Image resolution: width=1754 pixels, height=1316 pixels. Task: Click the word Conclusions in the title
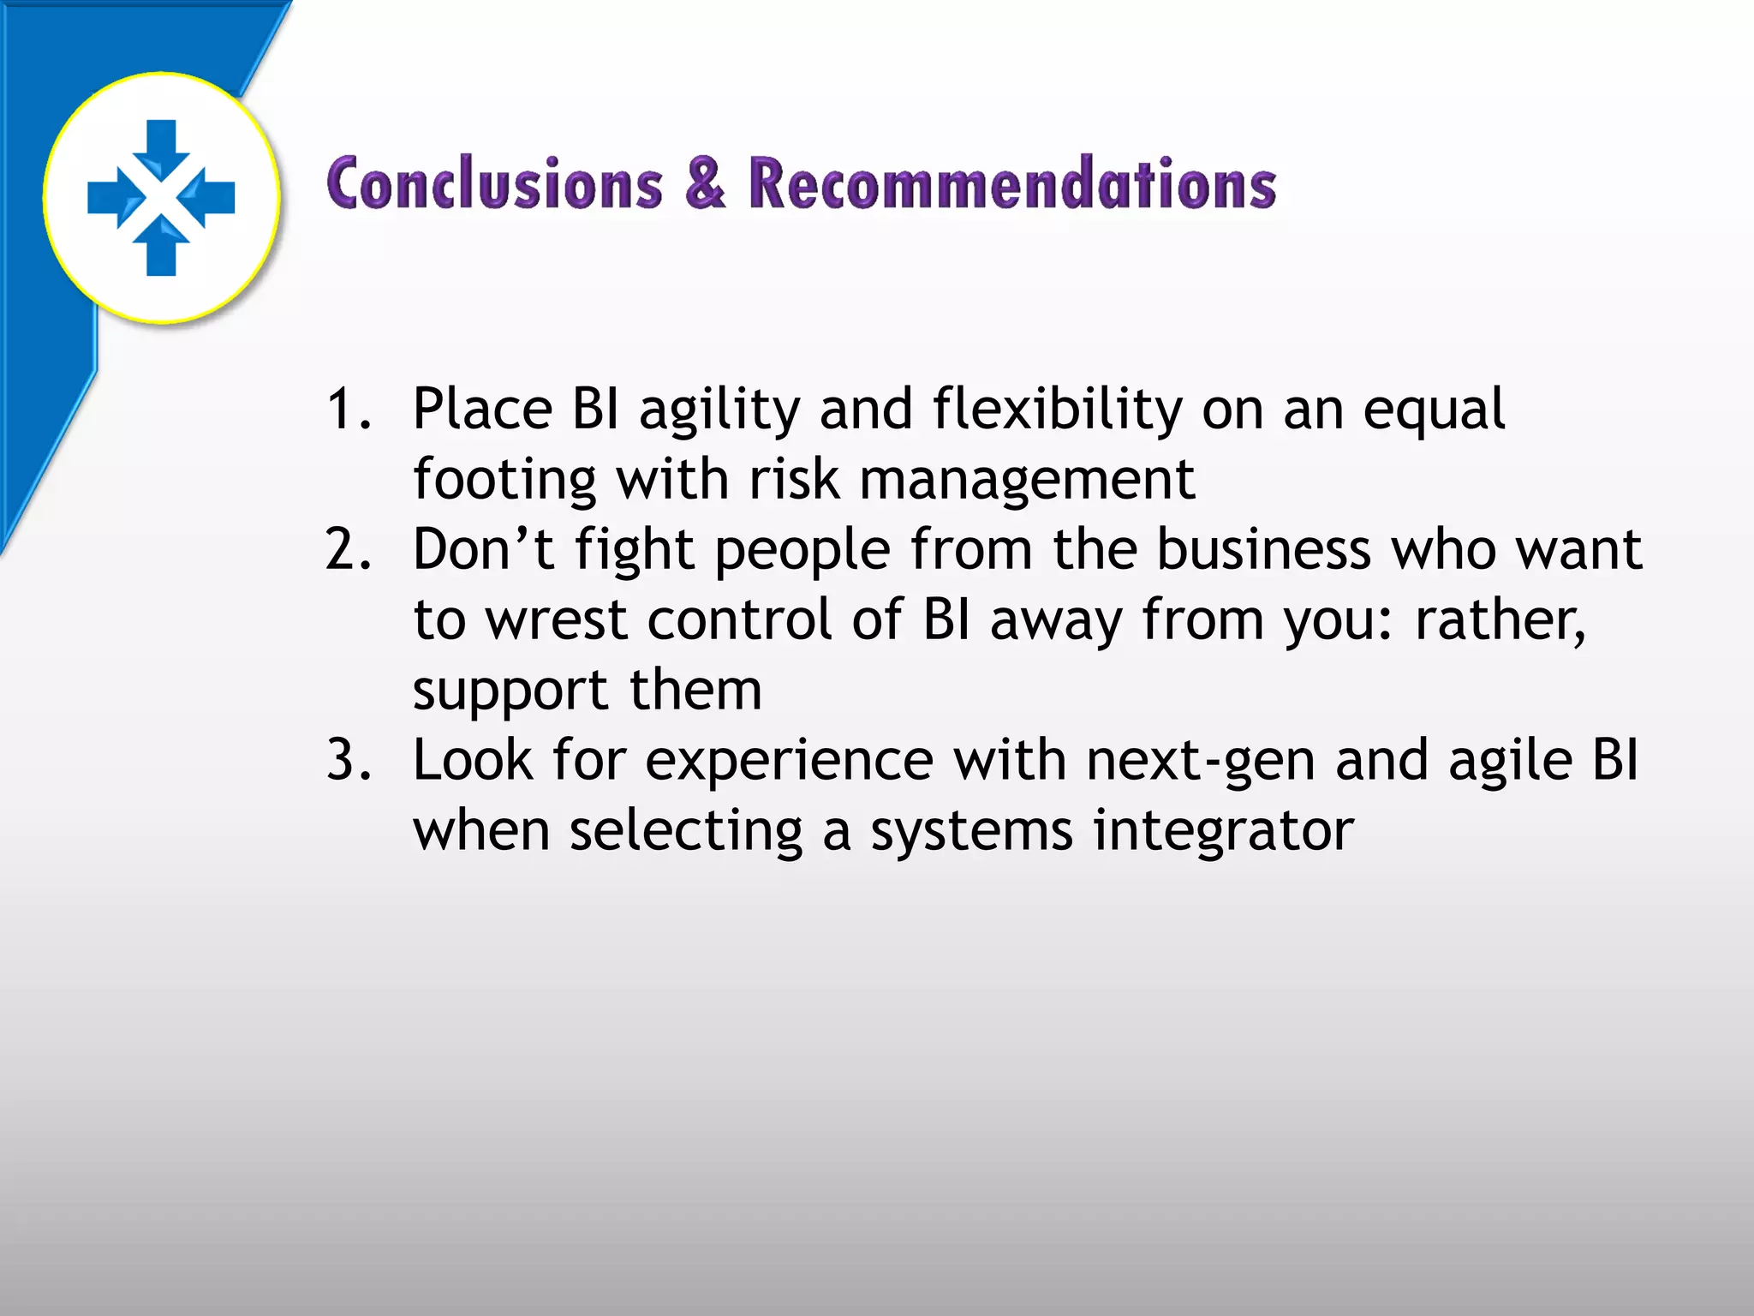coord(495,184)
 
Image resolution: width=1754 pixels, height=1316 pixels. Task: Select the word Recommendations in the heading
coord(1011,184)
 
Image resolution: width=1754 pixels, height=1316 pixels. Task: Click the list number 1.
coord(347,409)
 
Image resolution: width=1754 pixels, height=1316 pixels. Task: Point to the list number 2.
coord(349,549)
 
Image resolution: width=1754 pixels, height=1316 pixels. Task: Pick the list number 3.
coord(349,760)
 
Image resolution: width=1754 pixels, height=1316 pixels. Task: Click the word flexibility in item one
coord(1057,410)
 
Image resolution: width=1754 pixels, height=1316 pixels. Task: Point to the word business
coord(1263,549)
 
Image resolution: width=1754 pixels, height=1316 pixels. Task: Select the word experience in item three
coord(789,762)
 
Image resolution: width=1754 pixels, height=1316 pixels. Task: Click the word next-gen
coord(1200,762)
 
